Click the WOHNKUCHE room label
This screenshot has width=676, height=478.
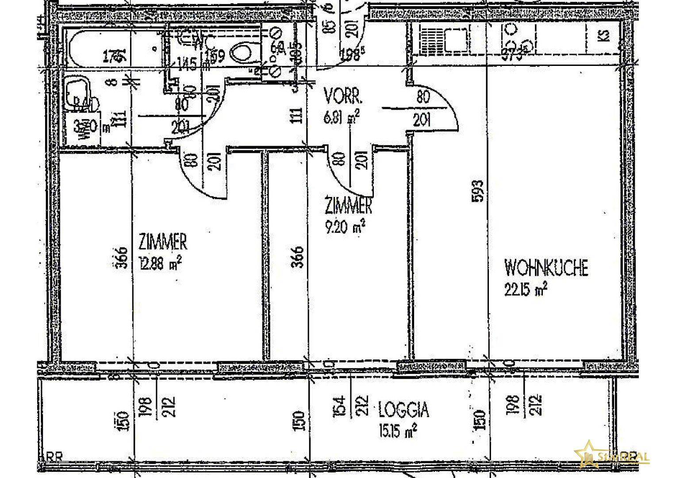[x=546, y=267]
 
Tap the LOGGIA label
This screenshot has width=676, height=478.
[x=403, y=410]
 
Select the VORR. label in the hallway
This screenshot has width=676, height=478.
[x=343, y=95]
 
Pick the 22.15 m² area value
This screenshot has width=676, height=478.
[x=526, y=289]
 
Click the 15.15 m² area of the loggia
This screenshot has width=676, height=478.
[x=397, y=430]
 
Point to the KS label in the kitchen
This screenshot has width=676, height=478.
[x=604, y=35]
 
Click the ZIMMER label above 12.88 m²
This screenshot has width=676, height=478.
[x=162, y=242]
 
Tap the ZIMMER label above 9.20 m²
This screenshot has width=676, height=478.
[x=348, y=205]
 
